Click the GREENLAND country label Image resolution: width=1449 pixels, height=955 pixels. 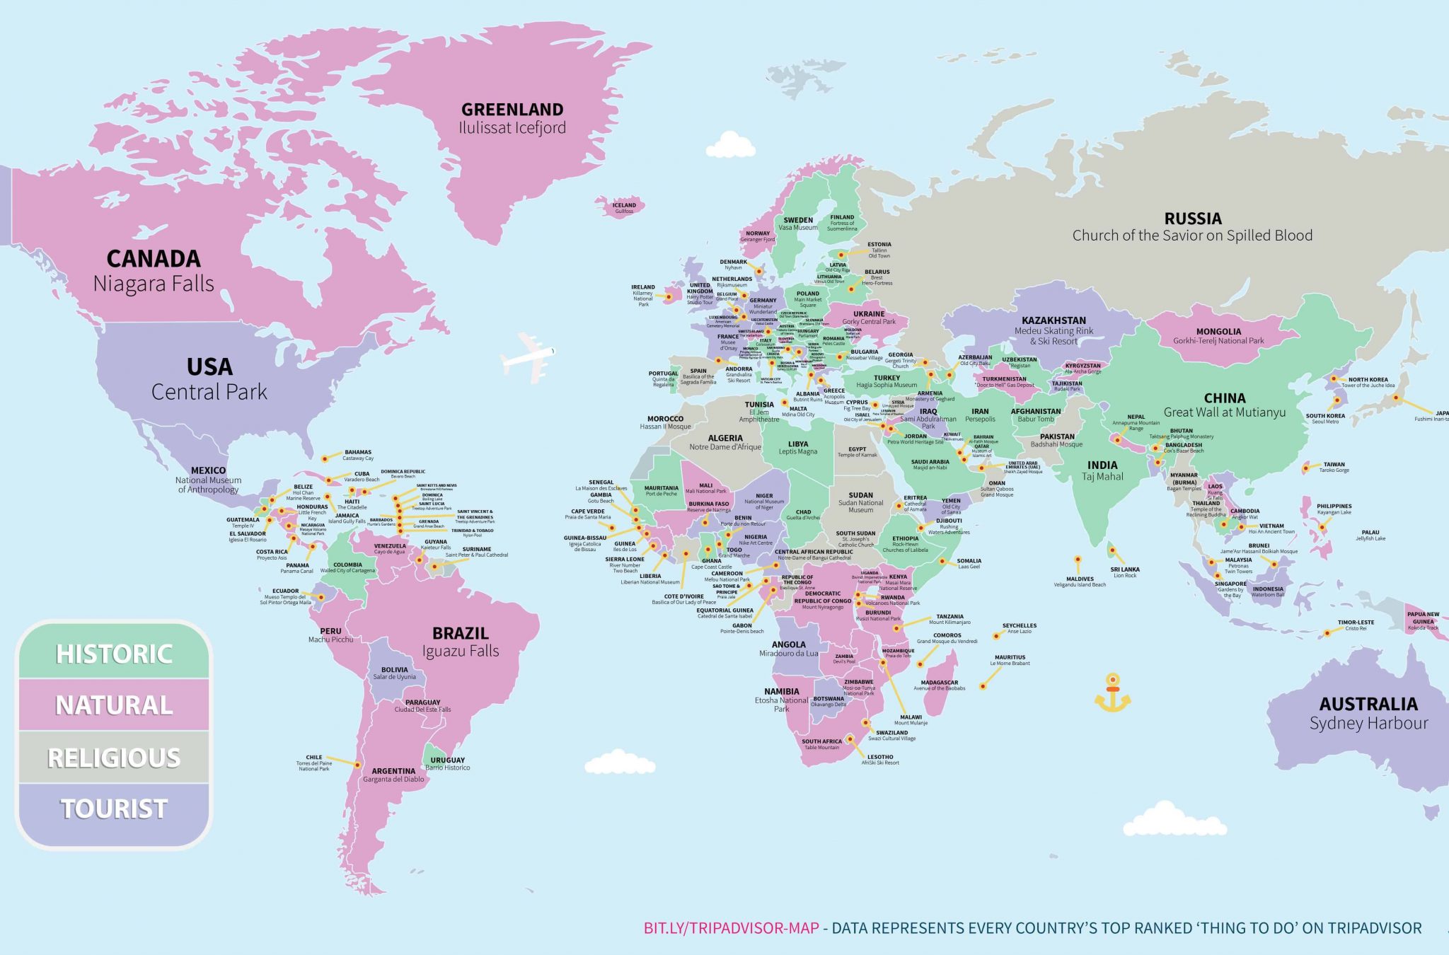click(x=512, y=110)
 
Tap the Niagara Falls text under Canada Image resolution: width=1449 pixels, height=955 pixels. click(x=154, y=284)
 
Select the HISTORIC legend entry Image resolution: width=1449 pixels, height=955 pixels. click(x=114, y=654)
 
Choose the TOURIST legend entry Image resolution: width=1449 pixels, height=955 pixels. click(x=114, y=809)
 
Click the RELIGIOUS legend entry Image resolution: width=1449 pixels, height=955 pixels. click(x=114, y=758)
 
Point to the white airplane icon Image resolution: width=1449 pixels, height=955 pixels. click(x=527, y=354)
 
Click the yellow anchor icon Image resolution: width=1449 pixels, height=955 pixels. click(x=1112, y=693)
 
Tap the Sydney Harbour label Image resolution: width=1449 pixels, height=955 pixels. click(x=1368, y=723)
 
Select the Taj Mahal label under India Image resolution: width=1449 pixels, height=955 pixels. click(x=1102, y=477)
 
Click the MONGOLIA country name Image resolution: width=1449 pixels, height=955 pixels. click(x=1218, y=331)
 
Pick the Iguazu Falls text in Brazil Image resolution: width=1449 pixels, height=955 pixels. click(x=461, y=651)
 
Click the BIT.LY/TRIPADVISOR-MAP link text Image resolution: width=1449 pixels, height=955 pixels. click(x=731, y=928)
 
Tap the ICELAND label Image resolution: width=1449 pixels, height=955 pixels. click(x=624, y=205)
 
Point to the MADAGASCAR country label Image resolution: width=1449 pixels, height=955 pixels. click(x=939, y=683)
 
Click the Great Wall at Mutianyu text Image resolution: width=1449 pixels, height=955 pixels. click(x=1225, y=412)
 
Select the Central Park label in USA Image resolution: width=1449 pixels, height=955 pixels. click(x=209, y=391)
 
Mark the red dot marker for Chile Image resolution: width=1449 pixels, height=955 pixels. click(x=358, y=765)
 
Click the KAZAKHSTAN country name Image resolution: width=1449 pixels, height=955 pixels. click(x=1053, y=320)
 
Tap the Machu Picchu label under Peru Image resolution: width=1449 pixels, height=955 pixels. click(x=330, y=639)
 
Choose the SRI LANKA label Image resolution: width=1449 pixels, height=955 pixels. click(x=1124, y=569)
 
